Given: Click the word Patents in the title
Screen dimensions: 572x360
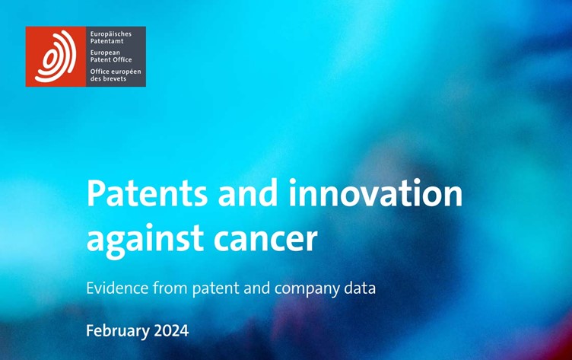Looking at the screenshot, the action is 147,193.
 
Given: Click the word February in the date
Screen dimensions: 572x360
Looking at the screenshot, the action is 118,332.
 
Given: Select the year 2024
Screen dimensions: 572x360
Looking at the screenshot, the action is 171,331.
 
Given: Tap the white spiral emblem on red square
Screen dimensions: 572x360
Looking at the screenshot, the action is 56,56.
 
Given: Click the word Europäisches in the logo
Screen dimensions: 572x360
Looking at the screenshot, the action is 111,34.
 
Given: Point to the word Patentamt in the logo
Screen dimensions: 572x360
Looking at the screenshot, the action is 107,41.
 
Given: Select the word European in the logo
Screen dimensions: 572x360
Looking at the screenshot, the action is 105,53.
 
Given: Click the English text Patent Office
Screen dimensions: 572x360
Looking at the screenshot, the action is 111,60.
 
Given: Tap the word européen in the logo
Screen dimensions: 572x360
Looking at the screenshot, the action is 127,72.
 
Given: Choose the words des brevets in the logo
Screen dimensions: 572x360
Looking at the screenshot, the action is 108,78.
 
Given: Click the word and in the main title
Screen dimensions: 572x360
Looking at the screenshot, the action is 248,193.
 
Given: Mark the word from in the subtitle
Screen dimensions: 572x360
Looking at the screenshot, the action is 170,288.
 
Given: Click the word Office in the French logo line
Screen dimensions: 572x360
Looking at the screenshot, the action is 100,72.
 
